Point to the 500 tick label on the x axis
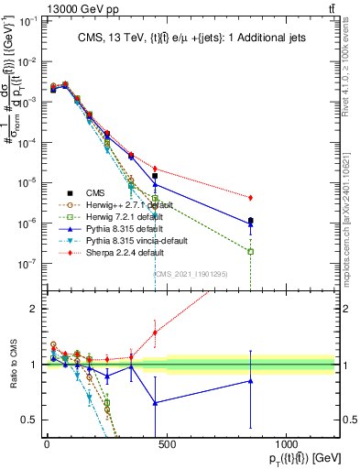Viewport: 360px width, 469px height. [x=166, y=444]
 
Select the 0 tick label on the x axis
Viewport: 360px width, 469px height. [x=47, y=444]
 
